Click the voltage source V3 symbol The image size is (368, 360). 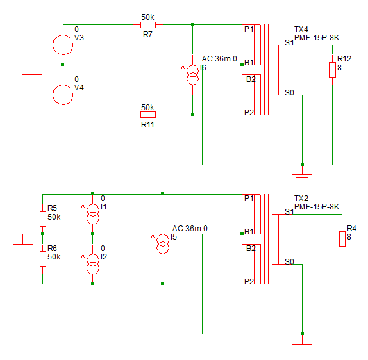pos(63,45)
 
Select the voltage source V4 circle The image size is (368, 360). pos(63,95)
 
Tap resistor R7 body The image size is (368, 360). pos(148,24)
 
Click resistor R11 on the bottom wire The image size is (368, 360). pos(148,115)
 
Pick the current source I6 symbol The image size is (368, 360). pos(192,75)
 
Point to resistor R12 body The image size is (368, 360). pos(332,70)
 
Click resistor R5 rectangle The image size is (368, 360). pos(43,219)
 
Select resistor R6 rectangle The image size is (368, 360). pos(43,259)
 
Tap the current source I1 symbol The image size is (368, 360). pos(93,214)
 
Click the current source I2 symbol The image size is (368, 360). pos(93,264)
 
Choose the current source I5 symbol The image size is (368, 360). pos(163,244)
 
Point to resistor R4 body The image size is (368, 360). pos(342,239)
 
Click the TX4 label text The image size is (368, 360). pos(301,29)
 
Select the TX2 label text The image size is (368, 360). pos(301,199)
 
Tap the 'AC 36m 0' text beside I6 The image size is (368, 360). pos(219,59)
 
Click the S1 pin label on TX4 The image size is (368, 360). pos(289,43)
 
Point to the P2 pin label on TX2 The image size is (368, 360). pos(249,281)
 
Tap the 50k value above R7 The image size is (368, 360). pos(147,17)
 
